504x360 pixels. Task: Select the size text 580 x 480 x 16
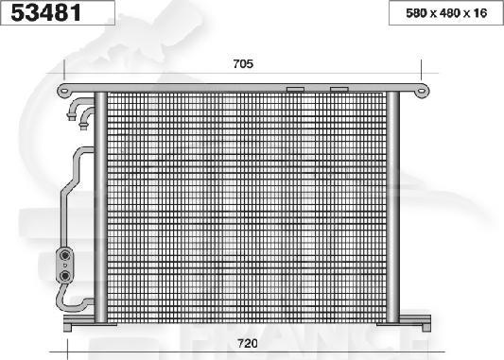click(442, 14)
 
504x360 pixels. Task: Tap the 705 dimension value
click(242, 64)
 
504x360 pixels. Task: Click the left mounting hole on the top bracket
click(65, 90)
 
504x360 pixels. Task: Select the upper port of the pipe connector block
click(66, 254)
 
